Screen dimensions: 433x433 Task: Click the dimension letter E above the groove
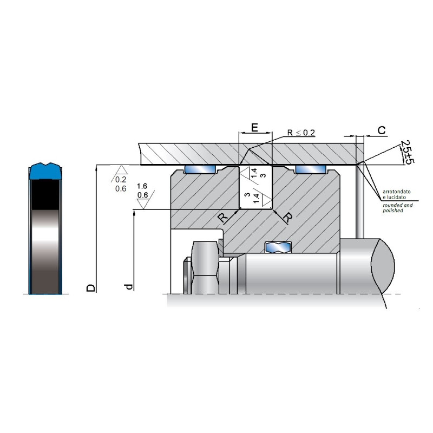(x=254, y=128)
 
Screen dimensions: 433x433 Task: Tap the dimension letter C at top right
(x=382, y=130)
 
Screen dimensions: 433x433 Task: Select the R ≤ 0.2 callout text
(x=301, y=133)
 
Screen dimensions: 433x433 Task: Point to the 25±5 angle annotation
(x=407, y=152)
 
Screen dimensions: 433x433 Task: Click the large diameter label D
(x=91, y=287)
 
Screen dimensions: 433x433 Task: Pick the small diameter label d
(x=129, y=287)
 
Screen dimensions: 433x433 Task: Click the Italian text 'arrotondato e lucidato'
(x=396, y=194)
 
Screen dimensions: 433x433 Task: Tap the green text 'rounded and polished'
(x=397, y=208)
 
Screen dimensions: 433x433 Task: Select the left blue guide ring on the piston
(x=200, y=169)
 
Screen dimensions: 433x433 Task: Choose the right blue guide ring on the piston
(x=311, y=169)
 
